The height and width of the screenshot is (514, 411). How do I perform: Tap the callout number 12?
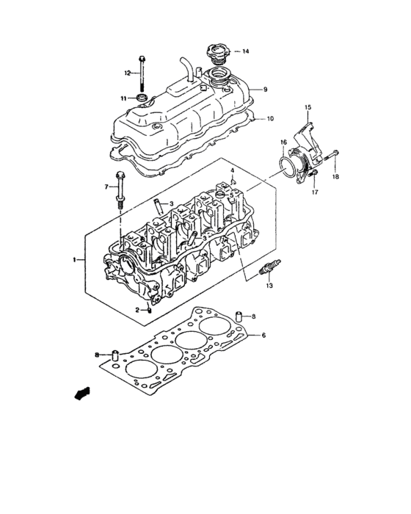[127, 73]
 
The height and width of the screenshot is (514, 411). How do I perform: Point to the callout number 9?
[266, 90]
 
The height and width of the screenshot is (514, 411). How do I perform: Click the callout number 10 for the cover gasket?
[269, 118]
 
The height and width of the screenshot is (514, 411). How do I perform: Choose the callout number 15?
[308, 108]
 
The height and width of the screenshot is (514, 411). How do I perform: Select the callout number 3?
[170, 204]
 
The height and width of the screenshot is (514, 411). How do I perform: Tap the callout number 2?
[137, 310]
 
